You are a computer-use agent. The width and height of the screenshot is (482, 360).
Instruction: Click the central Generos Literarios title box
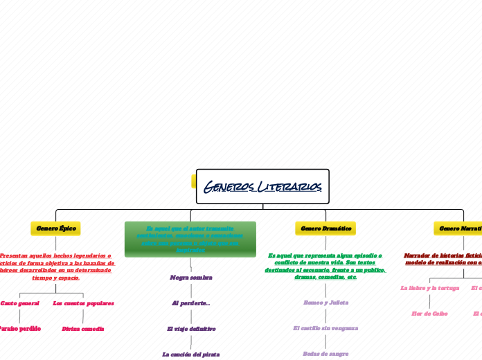tap(262, 186)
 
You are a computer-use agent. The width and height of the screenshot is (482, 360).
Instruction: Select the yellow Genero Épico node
tap(55, 228)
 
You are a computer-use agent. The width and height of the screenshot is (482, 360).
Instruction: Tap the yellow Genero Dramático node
tap(325, 228)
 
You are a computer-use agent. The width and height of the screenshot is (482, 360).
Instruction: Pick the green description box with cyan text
tap(190, 239)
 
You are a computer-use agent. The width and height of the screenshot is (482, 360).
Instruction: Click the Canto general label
tap(19, 303)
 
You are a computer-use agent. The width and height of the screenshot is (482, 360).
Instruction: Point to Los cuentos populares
tap(83, 303)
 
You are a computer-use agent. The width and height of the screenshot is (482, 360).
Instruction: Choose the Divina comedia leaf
tap(83, 328)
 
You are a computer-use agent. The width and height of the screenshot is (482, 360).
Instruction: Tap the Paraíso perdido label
tap(19, 328)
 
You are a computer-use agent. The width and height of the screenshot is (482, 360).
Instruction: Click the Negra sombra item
tap(191, 277)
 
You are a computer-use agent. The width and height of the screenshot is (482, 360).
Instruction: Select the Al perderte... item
tap(191, 303)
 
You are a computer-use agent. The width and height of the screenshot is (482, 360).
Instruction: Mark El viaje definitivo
tap(191, 328)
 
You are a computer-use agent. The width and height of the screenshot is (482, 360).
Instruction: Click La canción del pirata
tap(191, 354)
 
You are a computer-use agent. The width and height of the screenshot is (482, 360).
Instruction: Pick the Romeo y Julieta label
tap(325, 303)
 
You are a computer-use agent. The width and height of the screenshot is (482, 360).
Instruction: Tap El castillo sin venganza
tap(325, 328)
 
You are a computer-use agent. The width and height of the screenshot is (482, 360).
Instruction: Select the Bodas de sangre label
tap(325, 354)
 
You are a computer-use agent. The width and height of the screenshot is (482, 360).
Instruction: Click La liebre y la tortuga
tap(429, 287)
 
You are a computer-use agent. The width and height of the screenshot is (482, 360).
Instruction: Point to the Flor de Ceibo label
tap(429, 313)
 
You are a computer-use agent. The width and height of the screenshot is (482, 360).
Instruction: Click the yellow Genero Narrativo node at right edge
tap(458, 228)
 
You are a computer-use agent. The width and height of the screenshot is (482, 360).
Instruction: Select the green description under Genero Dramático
tap(325, 267)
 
